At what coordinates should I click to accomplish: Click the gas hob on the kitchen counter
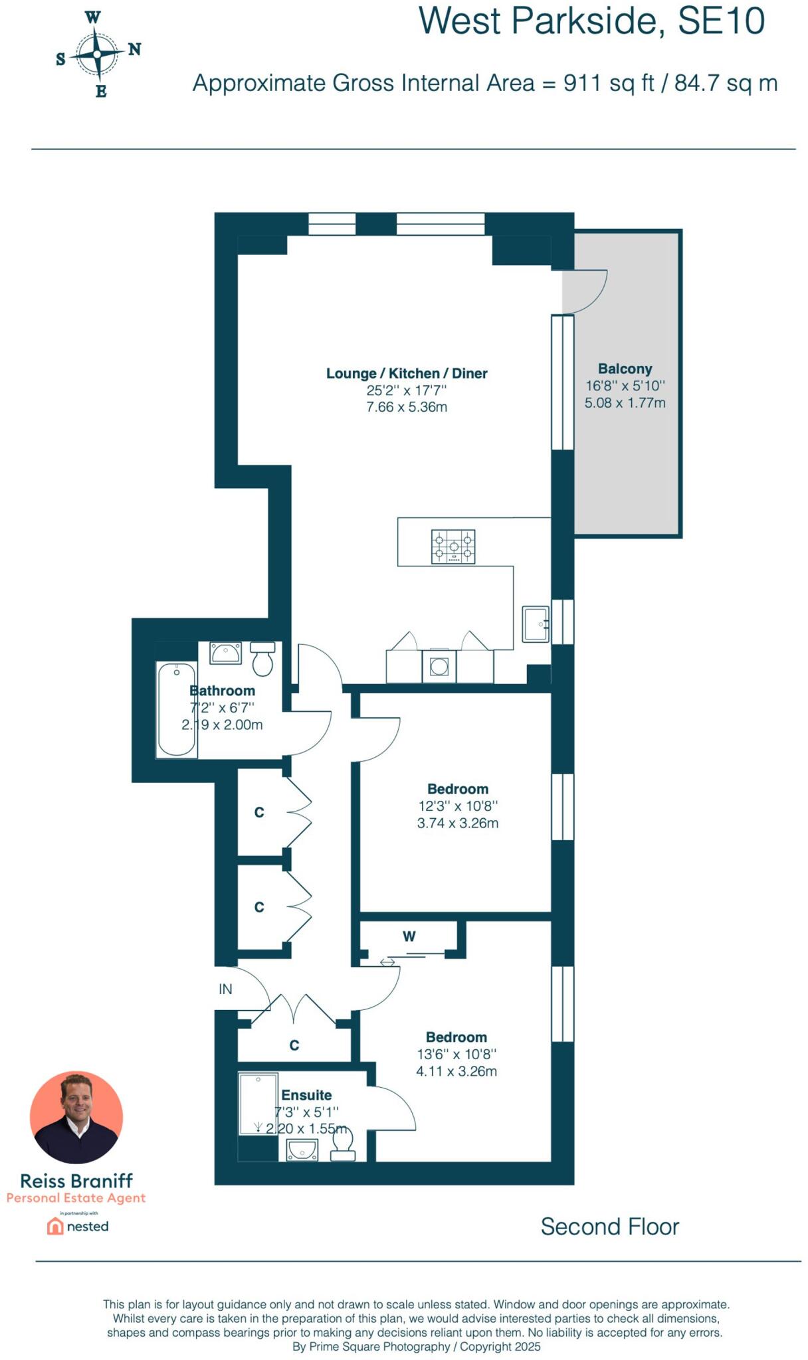[x=453, y=547]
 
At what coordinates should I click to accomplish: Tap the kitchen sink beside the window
[x=535, y=624]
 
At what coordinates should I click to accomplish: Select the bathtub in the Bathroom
[x=177, y=709]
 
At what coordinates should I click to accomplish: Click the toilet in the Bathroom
[x=263, y=659]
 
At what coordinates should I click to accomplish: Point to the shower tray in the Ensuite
[x=258, y=1104]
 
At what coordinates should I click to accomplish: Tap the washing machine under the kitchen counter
[x=439, y=666]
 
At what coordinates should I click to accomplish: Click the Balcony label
[x=625, y=369]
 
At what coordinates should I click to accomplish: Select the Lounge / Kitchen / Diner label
[x=407, y=373]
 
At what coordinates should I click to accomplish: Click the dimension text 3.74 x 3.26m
[x=457, y=823]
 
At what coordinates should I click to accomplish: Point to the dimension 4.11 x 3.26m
[x=456, y=1071]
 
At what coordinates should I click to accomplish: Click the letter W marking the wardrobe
[x=409, y=936]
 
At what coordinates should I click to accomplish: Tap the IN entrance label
[x=225, y=989]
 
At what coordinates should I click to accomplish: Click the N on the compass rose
[x=134, y=49]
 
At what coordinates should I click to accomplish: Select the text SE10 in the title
[x=720, y=21]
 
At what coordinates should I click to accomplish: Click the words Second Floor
[x=609, y=1227]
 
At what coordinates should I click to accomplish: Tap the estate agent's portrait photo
[x=76, y=1117]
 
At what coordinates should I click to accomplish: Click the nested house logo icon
[x=54, y=1226]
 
